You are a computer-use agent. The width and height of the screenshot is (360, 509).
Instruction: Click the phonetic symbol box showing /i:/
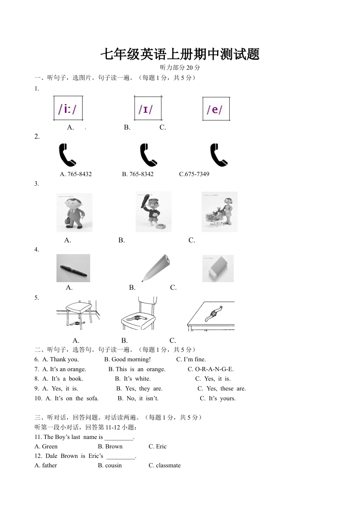(68, 109)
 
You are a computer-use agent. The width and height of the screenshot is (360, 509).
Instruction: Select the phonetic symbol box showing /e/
(216, 109)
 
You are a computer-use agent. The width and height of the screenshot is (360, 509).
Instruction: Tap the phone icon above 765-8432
(67, 155)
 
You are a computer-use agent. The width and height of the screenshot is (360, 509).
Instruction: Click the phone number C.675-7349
(194, 174)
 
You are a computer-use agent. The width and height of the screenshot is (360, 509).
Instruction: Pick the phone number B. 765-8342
(138, 174)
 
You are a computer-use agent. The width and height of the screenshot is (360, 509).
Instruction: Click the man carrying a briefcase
(74, 212)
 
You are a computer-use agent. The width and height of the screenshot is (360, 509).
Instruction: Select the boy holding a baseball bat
(153, 212)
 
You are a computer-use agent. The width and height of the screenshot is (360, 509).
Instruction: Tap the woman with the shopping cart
(219, 212)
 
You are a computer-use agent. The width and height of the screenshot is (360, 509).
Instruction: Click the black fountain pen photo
(73, 268)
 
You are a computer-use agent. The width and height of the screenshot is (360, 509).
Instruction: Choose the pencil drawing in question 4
(156, 268)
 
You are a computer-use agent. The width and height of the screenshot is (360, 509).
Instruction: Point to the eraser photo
(218, 269)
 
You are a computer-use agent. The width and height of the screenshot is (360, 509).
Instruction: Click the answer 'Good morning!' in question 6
(127, 359)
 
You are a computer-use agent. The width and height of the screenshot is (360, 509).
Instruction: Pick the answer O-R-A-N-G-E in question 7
(211, 369)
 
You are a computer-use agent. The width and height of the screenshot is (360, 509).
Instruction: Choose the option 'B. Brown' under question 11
(110, 447)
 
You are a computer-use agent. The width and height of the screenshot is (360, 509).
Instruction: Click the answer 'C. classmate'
(164, 465)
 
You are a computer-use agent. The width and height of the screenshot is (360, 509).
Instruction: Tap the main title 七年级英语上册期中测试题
(180, 55)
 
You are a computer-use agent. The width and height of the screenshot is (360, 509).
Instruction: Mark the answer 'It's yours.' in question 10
(218, 398)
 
